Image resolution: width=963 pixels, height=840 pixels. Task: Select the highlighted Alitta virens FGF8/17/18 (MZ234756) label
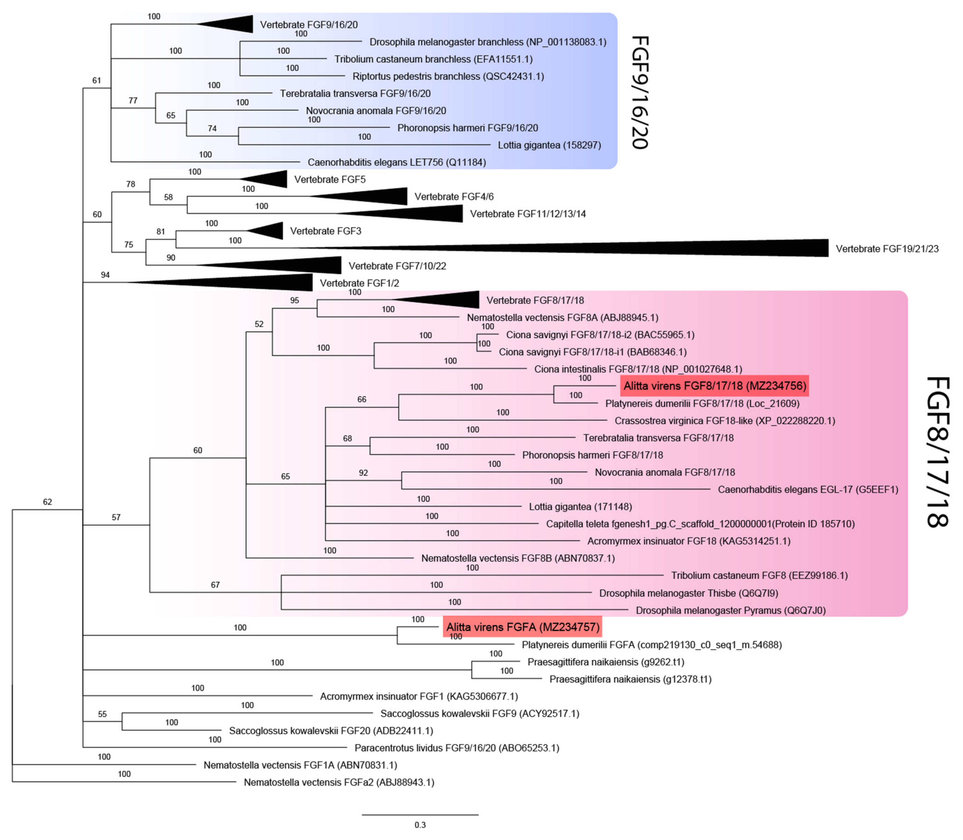tap(714, 386)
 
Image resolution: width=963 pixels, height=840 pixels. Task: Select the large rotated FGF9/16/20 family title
tap(639, 92)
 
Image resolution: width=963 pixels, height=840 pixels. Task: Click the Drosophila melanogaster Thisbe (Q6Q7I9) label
tap(689, 593)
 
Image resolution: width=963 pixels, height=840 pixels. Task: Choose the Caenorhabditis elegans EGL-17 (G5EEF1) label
tap(808, 489)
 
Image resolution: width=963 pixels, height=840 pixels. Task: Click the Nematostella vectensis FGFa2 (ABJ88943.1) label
tap(339, 782)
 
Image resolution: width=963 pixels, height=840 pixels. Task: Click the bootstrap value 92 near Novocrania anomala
tap(364, 473)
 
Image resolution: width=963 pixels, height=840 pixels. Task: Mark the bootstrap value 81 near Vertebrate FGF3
tap(161, 232)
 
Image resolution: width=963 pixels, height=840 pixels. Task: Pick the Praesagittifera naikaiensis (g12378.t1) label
tap(630, 679)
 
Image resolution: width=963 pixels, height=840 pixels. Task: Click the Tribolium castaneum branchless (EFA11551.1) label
tap(433, 59)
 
